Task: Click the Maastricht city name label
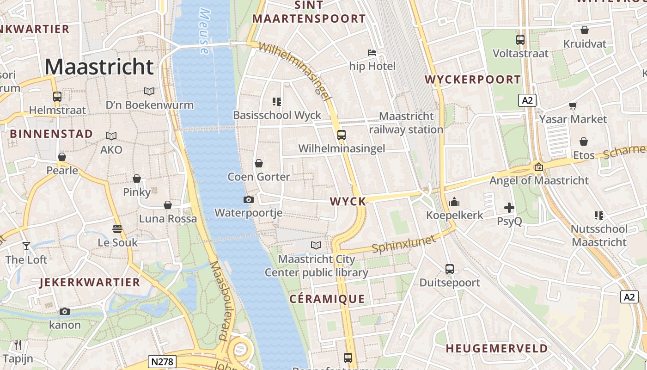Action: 99,67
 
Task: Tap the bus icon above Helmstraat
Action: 57,97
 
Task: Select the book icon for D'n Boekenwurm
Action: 149,91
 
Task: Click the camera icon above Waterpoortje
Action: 249,199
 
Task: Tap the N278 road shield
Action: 163,361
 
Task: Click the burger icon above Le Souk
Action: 117,228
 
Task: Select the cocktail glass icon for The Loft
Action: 26,246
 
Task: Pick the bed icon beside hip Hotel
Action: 372,53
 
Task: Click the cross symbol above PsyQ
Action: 509,208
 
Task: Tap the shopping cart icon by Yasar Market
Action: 573,105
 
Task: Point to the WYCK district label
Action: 348,201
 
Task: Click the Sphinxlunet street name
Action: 404,244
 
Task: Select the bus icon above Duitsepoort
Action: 450,269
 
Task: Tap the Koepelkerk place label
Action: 454,215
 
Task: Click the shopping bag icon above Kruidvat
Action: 585,30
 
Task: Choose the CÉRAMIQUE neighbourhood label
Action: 327,299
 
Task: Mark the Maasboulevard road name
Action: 223,301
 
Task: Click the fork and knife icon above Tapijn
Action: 18,345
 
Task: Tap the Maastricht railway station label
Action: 407,123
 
